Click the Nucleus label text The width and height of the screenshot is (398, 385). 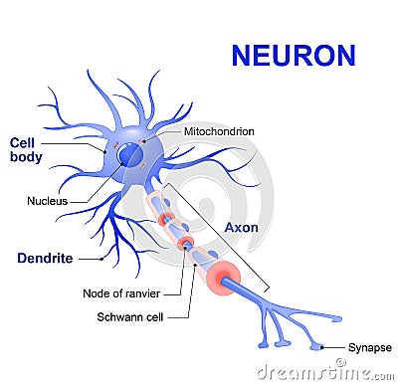tap(47, 201)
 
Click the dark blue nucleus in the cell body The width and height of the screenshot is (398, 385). tap(130, 155)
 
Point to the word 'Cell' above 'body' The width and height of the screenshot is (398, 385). tap(22, 142)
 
